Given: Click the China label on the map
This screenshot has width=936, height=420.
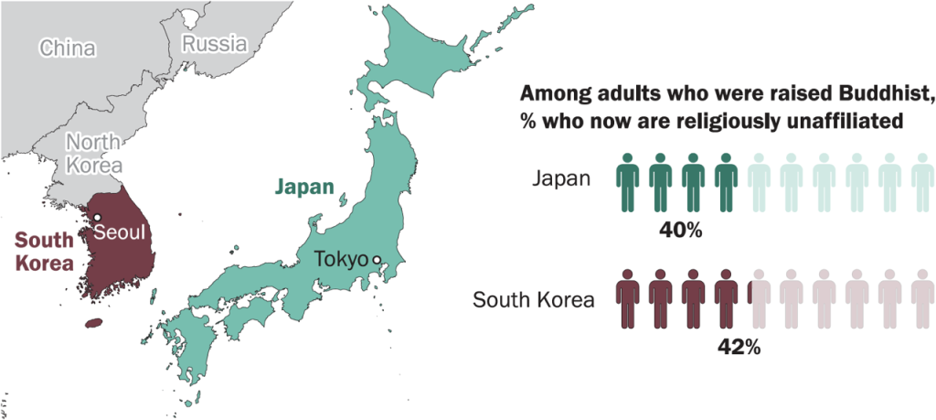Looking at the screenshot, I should pos(67,48).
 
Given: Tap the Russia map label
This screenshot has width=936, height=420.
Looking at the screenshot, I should pos(215,43).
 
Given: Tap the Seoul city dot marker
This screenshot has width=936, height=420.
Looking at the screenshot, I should pos(97,217).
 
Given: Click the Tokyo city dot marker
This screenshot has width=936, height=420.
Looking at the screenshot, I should pos(375,260).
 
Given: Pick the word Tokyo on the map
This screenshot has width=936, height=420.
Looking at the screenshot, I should pos(340,260).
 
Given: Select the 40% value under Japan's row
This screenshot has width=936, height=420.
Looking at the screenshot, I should pos(680,230).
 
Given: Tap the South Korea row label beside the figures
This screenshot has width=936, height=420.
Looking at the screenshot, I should pos(535,299).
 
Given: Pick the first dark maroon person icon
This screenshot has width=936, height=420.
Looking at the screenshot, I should pos(627,297).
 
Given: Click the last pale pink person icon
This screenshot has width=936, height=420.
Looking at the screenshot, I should pos(922,297).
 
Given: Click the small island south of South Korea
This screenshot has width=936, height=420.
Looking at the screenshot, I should pos(93,322).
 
